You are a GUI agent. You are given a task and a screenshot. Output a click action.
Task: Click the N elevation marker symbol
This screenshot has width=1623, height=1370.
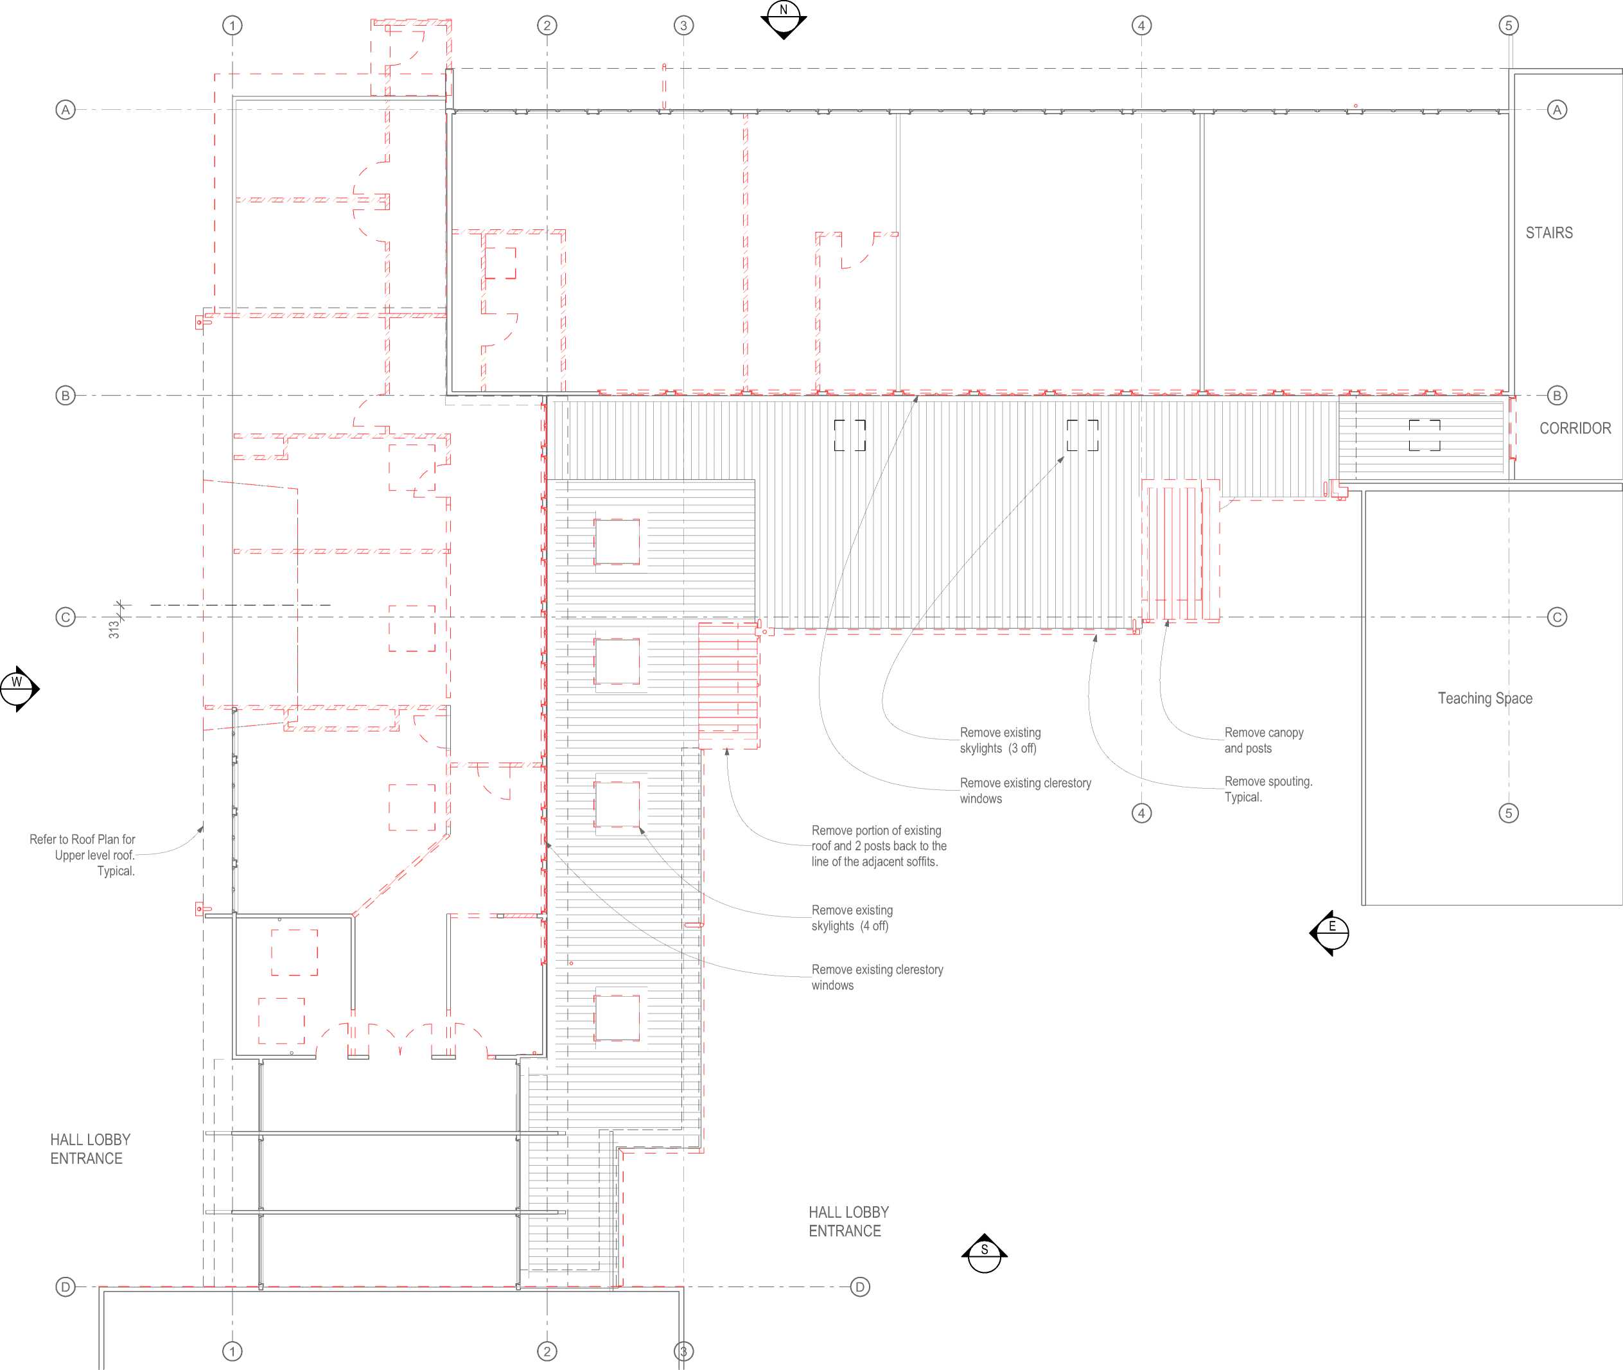pyautogui.click(x=784, y=19)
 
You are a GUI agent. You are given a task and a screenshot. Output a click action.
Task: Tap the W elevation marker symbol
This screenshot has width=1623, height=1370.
pyautogui.click(x=19, y=688)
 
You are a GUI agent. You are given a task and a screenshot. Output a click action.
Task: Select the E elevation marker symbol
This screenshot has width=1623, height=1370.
pyautogui.click(x=1330, y=933)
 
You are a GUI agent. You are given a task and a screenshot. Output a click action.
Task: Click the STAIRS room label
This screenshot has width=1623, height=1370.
pyautogui.click(x=1549, y=233)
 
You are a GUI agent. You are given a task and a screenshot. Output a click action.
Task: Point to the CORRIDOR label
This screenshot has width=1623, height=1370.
pyautogui.click(x=1575, y=428)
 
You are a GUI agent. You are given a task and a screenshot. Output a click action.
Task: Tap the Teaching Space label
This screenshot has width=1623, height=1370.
pyautogui.click(x=1485, y=698)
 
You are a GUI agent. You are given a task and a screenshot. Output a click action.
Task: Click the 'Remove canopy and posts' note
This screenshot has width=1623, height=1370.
pyautogui.click(x=1263, y=740)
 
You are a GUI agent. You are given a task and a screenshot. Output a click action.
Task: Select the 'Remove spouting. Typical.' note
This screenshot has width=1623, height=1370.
pyautogui.click(x=1268, y=789)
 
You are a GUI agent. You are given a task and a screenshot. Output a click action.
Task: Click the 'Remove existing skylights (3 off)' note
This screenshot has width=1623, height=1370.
pyautogui.click(x=1000, y=740)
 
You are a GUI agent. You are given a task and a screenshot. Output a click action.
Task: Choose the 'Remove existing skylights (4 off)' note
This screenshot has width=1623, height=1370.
pyautogui.click(x=852, y=918)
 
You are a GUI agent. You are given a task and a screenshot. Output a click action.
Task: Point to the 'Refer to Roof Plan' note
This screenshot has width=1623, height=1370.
pyautogui.click(x=82, y=855)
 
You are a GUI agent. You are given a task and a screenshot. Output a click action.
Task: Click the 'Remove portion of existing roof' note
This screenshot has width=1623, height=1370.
pyautogui.click(x=879, y=846)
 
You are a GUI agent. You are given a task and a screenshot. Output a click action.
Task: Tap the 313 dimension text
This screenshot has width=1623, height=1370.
pyautogui.click(x=114, y=629)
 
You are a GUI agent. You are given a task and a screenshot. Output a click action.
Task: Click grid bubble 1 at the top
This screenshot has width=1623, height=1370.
pyautogui.click(x=232, y=26)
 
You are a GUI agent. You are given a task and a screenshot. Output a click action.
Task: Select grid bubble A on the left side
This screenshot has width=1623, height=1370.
pyautogui.click(x=66, y=109)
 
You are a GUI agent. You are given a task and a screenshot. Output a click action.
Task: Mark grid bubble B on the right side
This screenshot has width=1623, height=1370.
pyautogui.click(x=1557, y=395)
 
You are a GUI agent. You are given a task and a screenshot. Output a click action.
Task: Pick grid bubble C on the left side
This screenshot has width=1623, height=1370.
pyautogui.click(x=66, y=617)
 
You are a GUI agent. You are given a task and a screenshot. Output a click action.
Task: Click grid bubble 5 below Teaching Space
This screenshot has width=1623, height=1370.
pyautogui.click(x=1509, y=813)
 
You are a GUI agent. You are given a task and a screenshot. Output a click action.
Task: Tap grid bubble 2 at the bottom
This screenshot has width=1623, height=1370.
pyautogui.click(x=547, y=1351)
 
